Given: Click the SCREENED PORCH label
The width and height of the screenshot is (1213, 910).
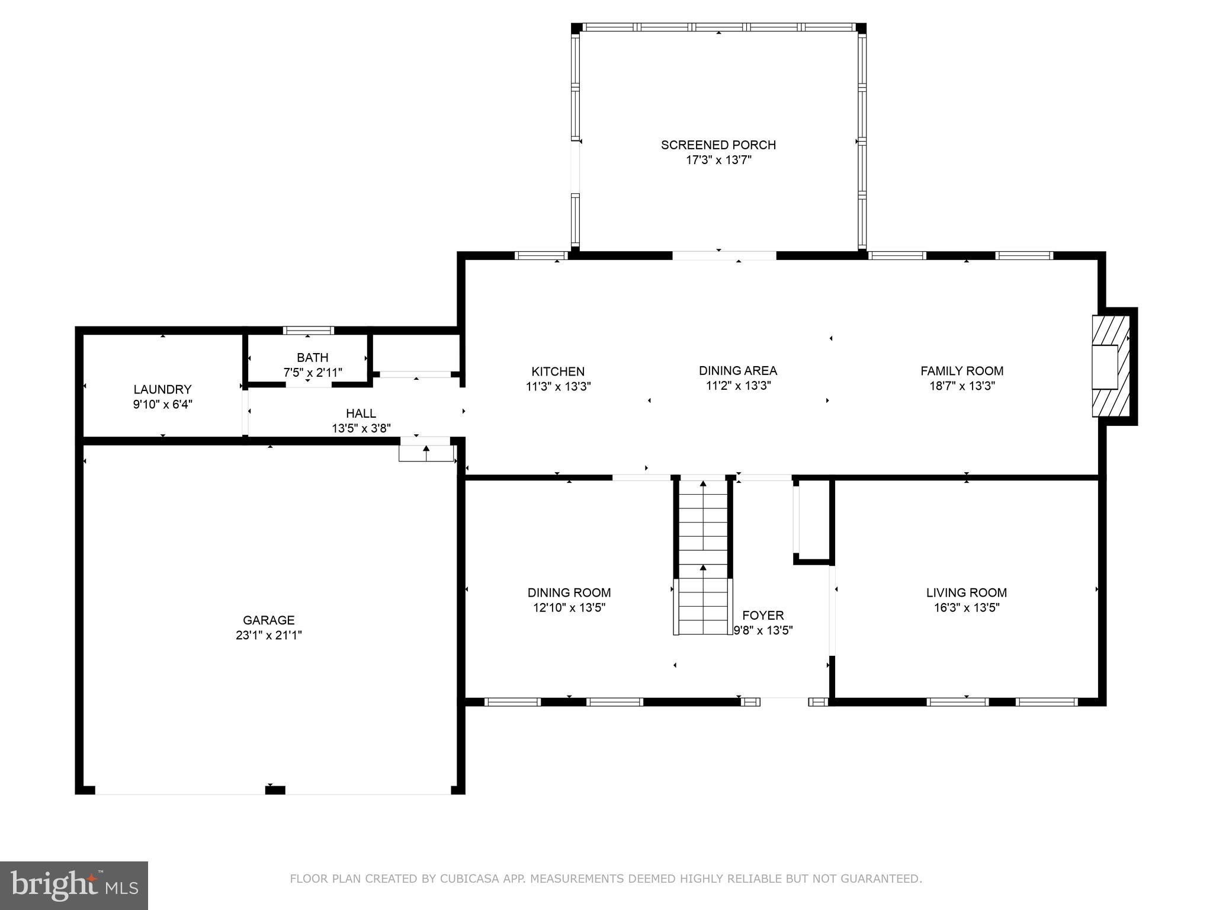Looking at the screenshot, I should coord(718,145).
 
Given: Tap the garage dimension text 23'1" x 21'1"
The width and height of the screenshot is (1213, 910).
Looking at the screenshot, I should coord(268,635).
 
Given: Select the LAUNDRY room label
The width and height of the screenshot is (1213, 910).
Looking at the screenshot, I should coord(162,389).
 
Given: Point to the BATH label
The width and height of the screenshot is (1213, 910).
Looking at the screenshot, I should coord(312,357).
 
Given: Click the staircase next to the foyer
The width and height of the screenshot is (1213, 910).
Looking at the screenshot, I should coord(703,557).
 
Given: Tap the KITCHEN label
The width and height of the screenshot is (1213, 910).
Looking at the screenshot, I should coord(557,371).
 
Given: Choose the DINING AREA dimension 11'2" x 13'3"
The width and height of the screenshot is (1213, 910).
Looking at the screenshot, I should coord(737,386).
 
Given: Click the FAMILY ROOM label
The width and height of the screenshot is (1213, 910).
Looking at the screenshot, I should coord(961,371).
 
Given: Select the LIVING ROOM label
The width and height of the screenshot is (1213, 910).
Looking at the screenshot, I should coord(966,592).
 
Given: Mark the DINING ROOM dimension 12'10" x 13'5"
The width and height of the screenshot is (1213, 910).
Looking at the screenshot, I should coord(569,607).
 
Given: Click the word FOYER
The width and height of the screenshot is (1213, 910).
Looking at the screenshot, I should coord(762,616).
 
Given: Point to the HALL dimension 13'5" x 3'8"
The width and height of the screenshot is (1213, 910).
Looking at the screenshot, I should coord(361,428).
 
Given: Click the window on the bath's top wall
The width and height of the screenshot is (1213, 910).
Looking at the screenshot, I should coord(308,331).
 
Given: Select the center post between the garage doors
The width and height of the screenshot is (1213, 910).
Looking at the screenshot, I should coord(275,790).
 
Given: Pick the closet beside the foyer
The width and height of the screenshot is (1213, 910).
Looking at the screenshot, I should coord(814,520).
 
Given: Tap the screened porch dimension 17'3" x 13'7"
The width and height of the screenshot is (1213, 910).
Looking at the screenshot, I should coord(718,160).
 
